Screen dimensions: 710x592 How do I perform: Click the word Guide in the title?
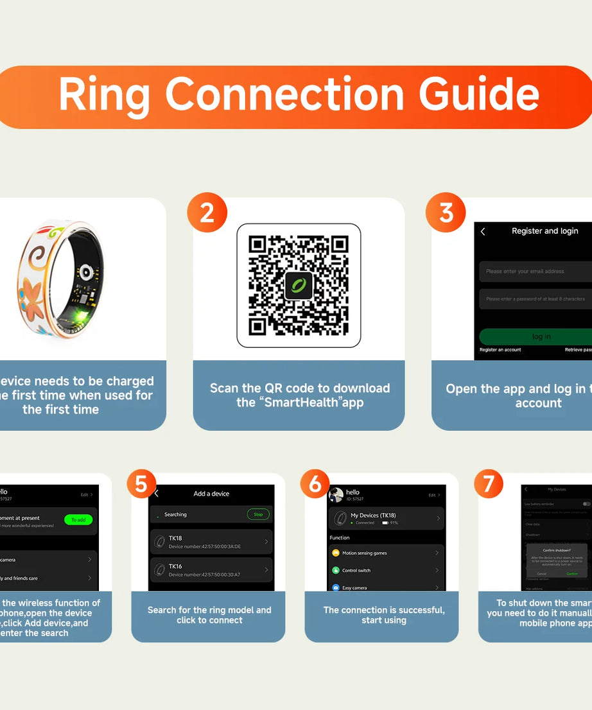(479, 95)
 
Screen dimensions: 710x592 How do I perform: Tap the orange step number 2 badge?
(207, 212)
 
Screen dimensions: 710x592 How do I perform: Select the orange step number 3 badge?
(446, 212)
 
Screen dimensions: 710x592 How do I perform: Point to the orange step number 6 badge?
(315, 484)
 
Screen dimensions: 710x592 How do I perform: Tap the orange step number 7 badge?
(489, 484)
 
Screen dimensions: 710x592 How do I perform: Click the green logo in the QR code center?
(299, 286)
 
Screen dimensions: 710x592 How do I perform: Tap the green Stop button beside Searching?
(258, 514)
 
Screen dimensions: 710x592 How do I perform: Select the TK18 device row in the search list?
(211, 542)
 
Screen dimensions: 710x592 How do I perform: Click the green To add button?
(78, 519)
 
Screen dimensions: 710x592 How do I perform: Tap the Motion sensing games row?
(386, 553)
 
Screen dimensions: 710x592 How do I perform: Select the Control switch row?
(386, 570)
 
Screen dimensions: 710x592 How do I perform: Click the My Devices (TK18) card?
(386, 518)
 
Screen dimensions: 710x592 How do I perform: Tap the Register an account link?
(500, 350)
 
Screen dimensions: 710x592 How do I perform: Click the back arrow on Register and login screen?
(483, 231)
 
